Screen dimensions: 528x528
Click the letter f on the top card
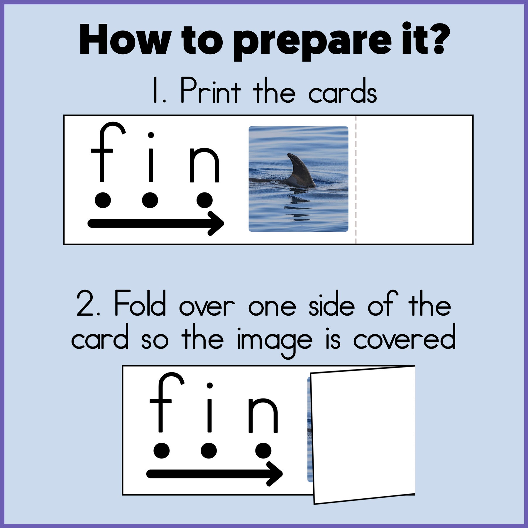104,153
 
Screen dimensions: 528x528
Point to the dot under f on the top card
103,200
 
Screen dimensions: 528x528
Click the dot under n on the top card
204,200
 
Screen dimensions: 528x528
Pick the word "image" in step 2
274,341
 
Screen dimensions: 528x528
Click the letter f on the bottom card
163,403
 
